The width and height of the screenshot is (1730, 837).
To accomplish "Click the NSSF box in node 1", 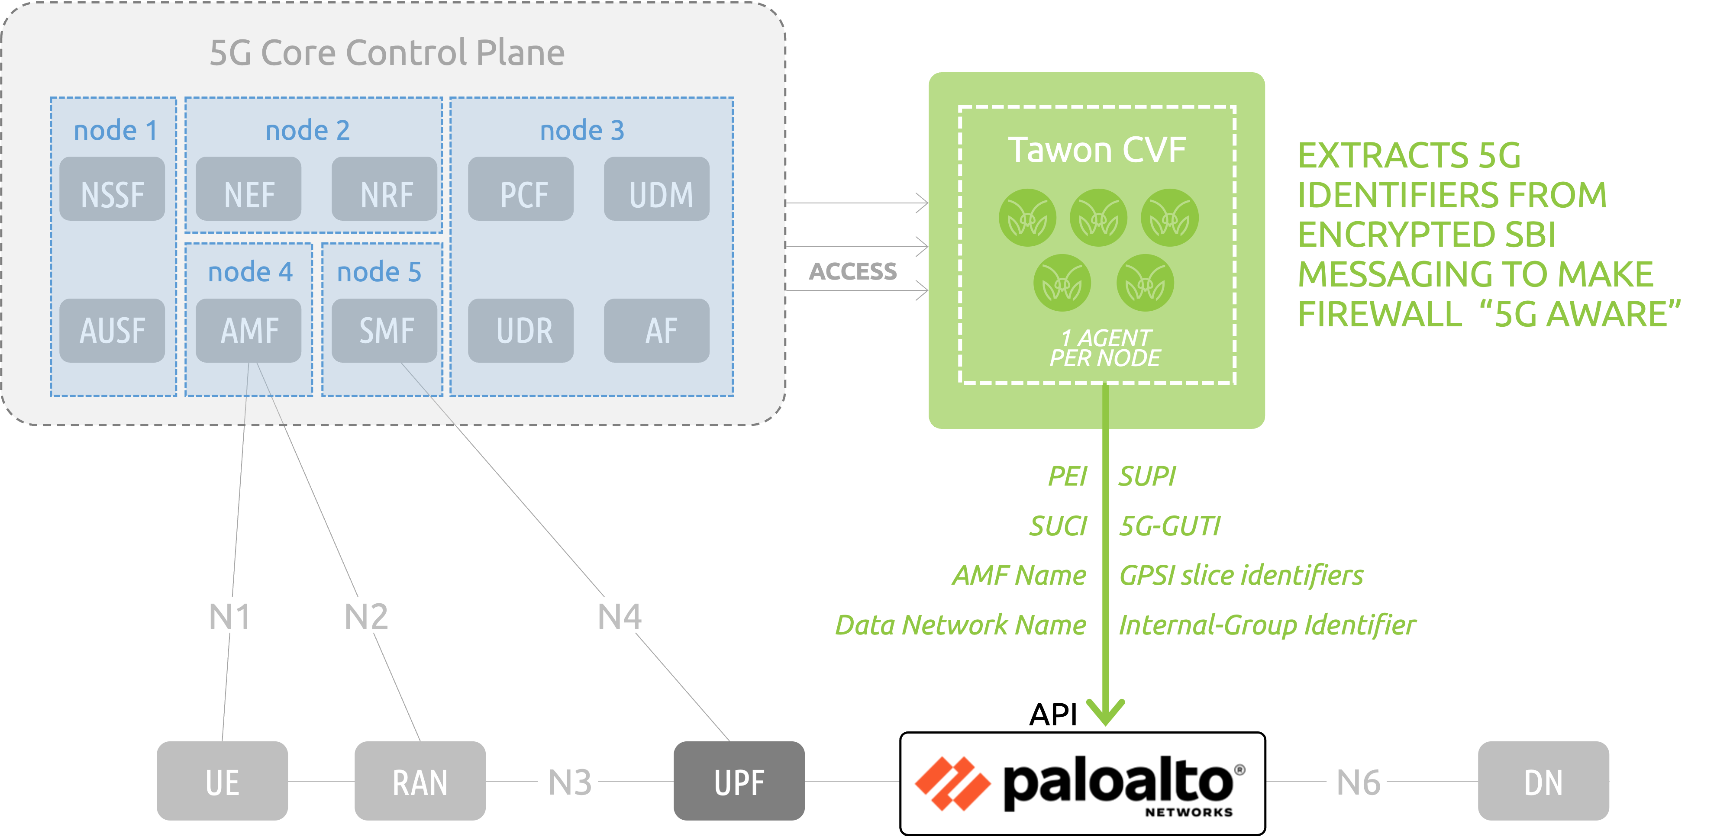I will click(x=112, y=190).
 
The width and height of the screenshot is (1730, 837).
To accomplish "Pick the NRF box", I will click(x=385, y=190).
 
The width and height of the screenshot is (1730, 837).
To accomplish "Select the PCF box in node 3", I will click(x=522, y=190).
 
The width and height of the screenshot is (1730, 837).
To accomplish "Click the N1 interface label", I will click(x=228, y=615).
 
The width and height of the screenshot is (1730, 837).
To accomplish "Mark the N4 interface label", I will click(x=617, y=615).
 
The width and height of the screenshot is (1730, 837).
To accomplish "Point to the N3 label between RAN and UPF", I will click(x=568, y=781).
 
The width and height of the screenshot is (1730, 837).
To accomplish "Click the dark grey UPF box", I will click(x=739, y=781).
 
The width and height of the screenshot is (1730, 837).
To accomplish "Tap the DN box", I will click(x=1543, y=781).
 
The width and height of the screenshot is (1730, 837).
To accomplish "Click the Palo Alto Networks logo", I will click(x=1082, y=784).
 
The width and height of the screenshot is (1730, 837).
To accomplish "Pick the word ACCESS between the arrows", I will click(x=853, y=271).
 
